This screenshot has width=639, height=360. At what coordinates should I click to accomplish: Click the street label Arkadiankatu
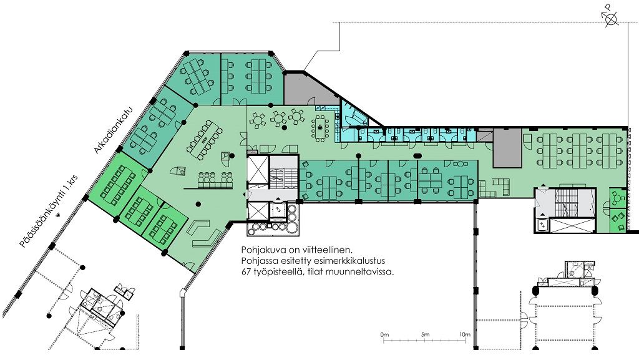click(114, 130)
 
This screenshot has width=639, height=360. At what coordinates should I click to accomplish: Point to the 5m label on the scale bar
click(425, 335)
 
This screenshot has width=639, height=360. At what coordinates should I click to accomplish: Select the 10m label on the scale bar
click(464, 335)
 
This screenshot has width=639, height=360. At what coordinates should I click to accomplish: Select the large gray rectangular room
click(507, 148)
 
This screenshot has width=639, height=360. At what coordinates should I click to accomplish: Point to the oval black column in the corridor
click(417, 155)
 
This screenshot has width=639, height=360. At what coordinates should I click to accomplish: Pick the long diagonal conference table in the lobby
click(205, 139)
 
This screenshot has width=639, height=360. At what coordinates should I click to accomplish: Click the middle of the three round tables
click(278, 119)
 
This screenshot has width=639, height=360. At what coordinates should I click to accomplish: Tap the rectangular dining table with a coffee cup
click(320, 127)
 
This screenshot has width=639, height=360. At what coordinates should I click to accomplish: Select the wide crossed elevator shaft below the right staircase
click(572, 226)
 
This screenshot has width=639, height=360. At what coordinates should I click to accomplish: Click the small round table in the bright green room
click(618, 198)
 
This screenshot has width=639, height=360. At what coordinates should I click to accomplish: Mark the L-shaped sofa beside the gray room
click(502, 186)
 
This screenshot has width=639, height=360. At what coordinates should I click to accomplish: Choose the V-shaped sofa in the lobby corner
click(205, 233)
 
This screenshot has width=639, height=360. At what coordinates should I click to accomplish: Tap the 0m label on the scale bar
click(384, 335)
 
